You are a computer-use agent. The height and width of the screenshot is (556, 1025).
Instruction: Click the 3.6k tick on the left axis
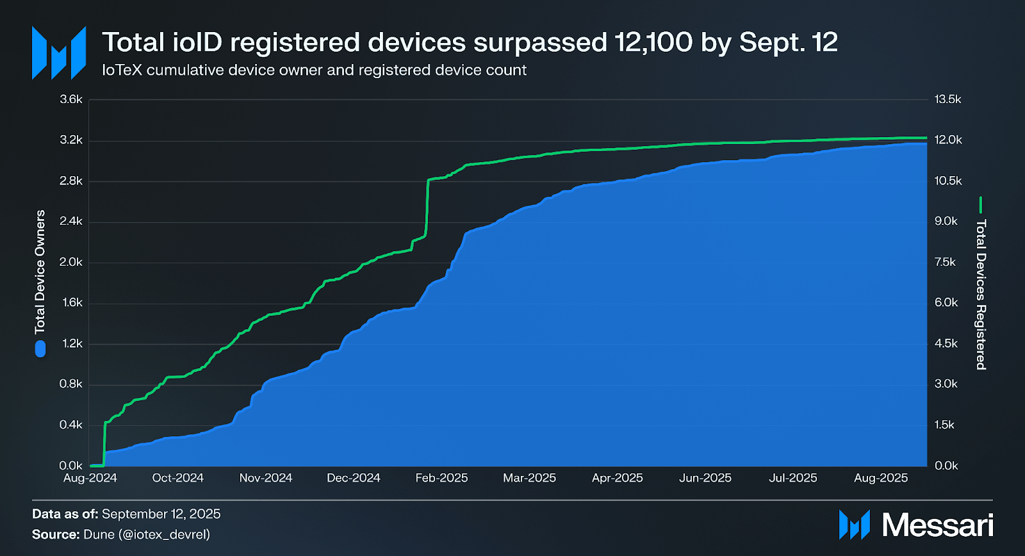(x=71, y=99)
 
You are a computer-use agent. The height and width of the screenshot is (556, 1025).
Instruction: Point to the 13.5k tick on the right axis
(x=947, y=99)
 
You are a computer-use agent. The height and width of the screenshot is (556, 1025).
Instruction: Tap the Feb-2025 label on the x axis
(x=441, y=478)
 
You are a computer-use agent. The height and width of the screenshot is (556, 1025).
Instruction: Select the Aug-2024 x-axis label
(x=90, y=478)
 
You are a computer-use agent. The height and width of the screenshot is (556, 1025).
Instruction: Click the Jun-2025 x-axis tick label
(x=705, y=478)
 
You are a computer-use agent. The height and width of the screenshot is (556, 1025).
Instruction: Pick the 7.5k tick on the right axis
(x=945, y=262)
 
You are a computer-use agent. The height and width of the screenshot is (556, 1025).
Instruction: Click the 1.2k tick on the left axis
(x=72, y=343)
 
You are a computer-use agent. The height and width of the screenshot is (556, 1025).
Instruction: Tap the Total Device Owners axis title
(x=40, y=272)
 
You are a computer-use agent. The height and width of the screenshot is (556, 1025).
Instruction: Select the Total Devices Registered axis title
(x=981, y=294)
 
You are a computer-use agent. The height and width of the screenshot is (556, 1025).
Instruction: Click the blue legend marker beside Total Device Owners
(x=40, y=348)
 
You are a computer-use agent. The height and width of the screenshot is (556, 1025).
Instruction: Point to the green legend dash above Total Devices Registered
(x=981, y=205)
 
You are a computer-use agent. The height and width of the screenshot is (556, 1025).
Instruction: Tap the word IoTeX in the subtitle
(x=122, y=70)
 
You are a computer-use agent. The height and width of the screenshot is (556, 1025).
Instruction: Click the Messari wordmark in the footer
(x=937, y=525)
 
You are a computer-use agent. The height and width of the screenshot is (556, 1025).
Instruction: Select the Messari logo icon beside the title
(x=59, y=53)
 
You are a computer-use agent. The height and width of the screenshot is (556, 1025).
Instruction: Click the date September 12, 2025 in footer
(x=161, y=514)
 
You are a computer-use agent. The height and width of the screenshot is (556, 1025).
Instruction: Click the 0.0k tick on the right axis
(x=946, y=466)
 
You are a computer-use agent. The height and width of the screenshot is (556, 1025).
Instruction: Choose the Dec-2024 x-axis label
(x=353, y=478)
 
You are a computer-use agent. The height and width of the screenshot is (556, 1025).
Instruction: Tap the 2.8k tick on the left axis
(x=71, y=181)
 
